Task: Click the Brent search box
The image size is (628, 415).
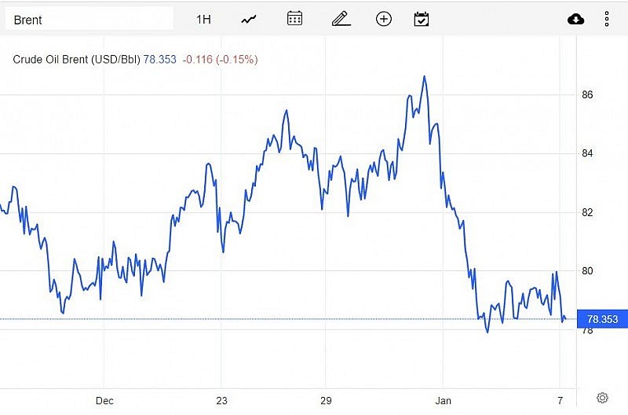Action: click(89, 19)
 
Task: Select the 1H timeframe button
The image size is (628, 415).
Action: click(203, 19)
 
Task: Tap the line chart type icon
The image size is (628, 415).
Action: click(249, 19)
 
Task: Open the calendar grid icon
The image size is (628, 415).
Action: click(294, 19)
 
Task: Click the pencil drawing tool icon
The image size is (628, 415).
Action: click(340, 19)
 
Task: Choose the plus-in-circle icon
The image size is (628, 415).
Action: click(384, 19)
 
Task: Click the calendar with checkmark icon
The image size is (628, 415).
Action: click(422, 19)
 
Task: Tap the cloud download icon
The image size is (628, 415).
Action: click(576, 19)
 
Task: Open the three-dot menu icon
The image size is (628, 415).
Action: click(607, 19)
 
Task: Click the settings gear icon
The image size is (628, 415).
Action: click(602, 398)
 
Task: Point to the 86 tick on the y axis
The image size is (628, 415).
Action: click(587, 95)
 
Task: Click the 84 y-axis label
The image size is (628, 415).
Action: click(587, 153)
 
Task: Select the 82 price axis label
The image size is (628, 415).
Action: click(587, 212)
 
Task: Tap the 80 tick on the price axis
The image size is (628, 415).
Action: click(587, 271)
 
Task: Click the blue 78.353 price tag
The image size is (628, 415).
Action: click(602, 319)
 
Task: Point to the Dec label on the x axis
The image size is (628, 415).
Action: click(104, 401)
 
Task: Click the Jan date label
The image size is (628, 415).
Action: click(444, 401)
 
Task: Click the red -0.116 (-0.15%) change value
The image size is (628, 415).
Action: click(220, 59)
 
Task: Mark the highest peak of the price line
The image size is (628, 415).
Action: click(424, 76)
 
